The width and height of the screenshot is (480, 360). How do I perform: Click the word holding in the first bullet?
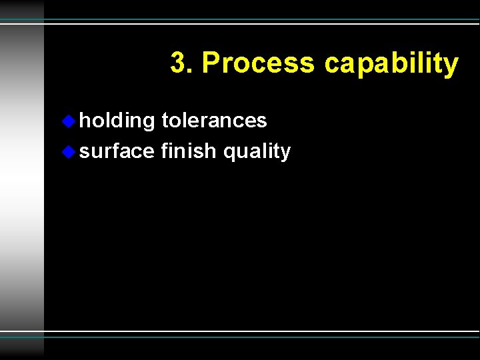click(117, 121)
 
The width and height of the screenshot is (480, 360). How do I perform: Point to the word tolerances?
click(214, 121)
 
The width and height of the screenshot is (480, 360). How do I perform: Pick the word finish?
click(189, 151)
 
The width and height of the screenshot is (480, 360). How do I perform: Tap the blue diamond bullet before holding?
click(69, 121)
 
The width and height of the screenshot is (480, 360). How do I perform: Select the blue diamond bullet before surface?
click(69, 151)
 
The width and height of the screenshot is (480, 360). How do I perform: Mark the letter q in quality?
click(229, 154)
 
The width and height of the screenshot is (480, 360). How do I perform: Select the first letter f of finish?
click(164, 151)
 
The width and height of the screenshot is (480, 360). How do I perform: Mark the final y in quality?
click(286, 154)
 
